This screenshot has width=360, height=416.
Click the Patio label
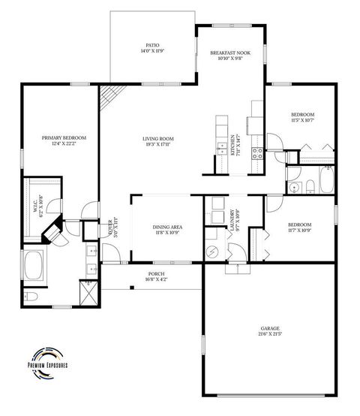click(x=151, y=49)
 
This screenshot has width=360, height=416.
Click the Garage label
click(x=270, y=331)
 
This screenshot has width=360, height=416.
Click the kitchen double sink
click(x=222, y=146)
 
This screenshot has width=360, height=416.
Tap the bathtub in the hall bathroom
click(x=327, y=181)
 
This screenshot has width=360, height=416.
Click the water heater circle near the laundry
click(x=213, y=252)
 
